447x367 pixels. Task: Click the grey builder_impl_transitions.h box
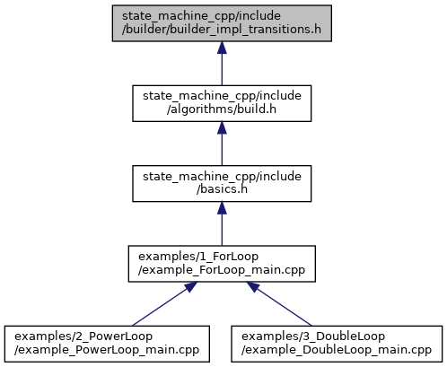coord(222,23)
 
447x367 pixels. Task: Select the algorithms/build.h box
coord(222,103)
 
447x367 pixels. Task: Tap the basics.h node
coord(222,183)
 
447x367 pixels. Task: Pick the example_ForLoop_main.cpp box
coord(222,264)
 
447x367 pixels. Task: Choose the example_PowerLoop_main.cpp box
coord(107,344)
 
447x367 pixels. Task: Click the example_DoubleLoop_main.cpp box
coord(337,344)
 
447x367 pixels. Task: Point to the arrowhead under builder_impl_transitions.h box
coord(222,48)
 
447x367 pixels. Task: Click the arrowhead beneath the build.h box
coord(222,127)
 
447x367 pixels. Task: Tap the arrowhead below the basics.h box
coord(222,208)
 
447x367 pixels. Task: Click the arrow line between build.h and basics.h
coord(222,144)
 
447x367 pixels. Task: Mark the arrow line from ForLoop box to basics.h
coord(222,223)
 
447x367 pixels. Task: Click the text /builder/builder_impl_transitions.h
coord(222,30)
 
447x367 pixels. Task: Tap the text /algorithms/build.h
coord(222,109)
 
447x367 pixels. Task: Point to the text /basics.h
coord(222,189)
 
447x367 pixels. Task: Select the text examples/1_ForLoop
coord(198,257)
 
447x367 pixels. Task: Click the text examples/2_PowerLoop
coord(83,336)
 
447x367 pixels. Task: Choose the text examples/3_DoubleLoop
coord(313,336)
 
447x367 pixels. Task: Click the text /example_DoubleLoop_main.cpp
coord(337,350)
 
